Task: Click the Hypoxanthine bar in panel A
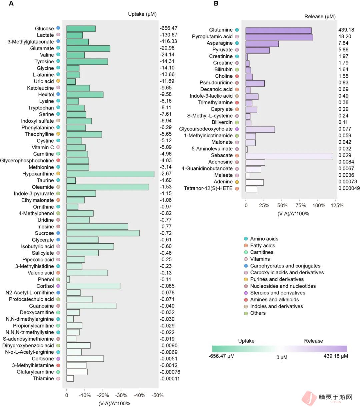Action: (110, 174)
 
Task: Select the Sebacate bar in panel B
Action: (289, 156)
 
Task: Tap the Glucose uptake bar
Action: (81, 29)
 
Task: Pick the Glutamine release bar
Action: (278, 30)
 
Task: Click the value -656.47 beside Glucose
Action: (169, 28)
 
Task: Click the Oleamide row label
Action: (43, 187)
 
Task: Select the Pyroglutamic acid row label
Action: (212, 36)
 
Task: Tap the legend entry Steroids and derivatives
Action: (278, 293)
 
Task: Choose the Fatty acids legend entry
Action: (263, 245)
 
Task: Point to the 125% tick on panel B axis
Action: (337, 205)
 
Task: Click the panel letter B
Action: (216, 4)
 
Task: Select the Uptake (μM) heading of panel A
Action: (142, 14)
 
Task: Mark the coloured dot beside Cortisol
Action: (58, 286)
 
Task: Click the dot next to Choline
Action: (237, 76)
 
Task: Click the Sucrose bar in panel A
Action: (103, 233)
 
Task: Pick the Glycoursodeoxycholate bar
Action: (260, 129)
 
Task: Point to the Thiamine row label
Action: (43, 378)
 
